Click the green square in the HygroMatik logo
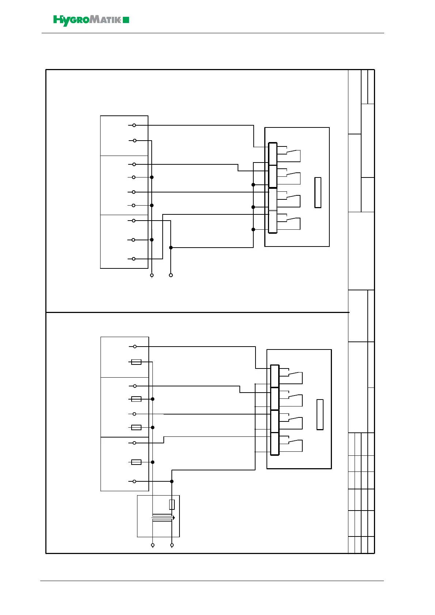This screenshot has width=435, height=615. click(x=126, y=20)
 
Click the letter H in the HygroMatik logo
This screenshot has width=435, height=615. click(x=58, y=20)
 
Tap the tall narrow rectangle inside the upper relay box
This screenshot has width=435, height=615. click(x=318, y=192)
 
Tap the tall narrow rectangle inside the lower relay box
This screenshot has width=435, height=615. click(x=320, y=415)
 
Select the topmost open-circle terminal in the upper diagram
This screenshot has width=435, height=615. click(x=134, y=125)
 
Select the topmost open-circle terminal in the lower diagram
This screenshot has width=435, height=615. click(x=135, y=346)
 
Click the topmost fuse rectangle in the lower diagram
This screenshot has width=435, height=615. click(x=136, y=362)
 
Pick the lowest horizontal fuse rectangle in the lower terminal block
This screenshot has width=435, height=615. click(x=136, y=462)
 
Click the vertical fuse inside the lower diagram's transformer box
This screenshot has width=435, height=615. click(x=172, y=504)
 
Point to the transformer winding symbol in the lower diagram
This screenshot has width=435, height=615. click(x=162, y=517)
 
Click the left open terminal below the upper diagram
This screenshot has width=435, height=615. click(x=152, y=275)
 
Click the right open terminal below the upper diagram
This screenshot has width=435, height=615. click(x=171, y=275)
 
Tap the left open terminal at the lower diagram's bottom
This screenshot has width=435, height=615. click(x=153, y=545)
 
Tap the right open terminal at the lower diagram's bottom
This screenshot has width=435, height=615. click(x=172, y=545)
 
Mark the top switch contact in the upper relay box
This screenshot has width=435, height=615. click(x=293, y=152)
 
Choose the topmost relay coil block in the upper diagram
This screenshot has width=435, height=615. click(x=273, y=154)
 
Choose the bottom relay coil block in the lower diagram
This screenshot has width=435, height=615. click(x=275, y=444)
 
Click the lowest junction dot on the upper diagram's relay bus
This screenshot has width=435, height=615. click(x=253, y=229)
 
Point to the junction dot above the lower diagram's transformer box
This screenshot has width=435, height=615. click(x=172, y=481)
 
